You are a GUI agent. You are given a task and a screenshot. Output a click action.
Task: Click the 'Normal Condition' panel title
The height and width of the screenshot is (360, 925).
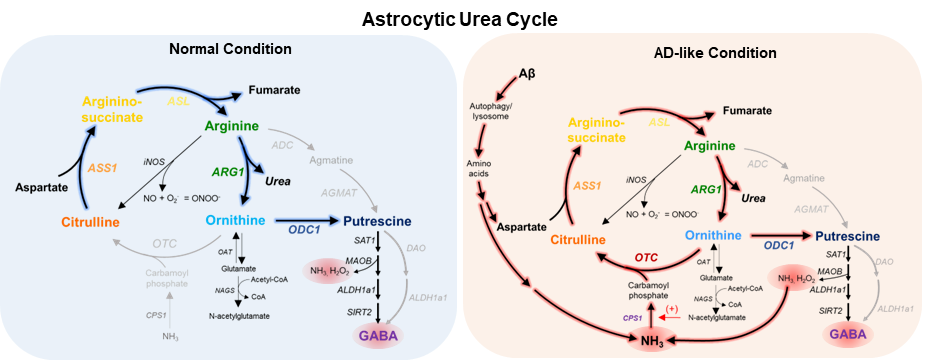pyautogui.click(x=230, y=49)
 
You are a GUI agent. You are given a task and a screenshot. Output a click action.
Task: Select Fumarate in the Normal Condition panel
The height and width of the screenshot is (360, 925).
pyautogui.click(x=274, y=90)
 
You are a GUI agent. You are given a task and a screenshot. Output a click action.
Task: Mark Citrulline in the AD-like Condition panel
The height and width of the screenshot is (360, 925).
pyautogui.click(x=580, y=240)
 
